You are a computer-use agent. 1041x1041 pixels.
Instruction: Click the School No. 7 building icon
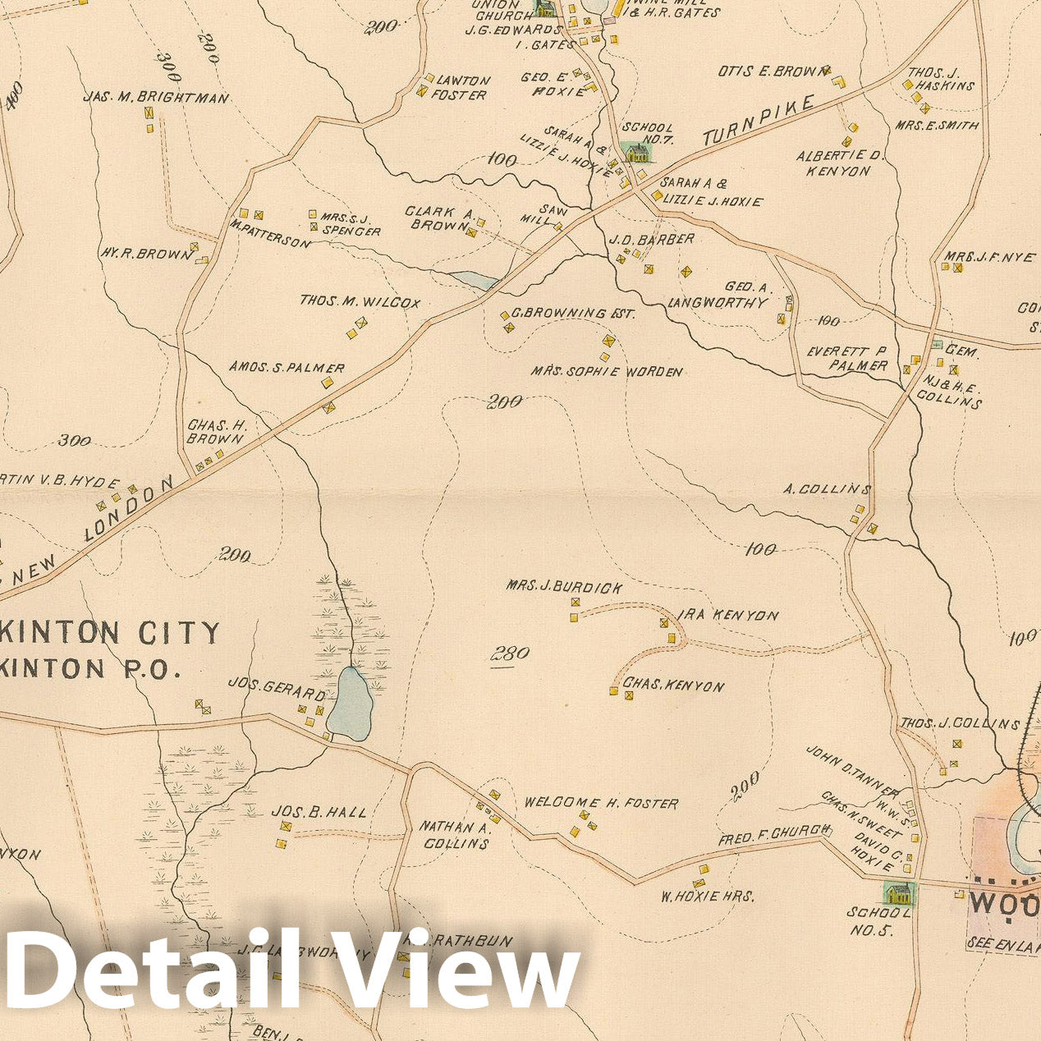click(x=635, y=152)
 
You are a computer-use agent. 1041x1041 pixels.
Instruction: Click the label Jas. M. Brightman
click(x=155, y=97)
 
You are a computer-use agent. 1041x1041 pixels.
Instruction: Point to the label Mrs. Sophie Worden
click(x=606, y=372)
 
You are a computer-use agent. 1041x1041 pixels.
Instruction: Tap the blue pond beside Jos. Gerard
click(x=351, y=704)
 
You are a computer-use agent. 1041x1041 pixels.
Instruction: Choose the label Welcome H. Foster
click(x=601, y=803)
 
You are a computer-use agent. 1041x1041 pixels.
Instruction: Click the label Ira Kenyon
click(x=727, y=615)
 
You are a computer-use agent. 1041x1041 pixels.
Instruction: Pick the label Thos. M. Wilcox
click(x=360, y=302)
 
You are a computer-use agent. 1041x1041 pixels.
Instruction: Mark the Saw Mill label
click(x=535, y=213)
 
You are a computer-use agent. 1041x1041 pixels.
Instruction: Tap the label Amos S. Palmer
click(x=287, y=368)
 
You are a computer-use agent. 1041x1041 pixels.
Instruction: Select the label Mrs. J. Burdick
click(x=564, y=588)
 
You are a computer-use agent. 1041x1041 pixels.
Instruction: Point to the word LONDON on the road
click(x=131, y=509)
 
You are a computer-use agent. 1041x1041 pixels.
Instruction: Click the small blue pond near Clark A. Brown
click(x=475, y=281)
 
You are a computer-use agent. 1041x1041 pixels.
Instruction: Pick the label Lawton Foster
click(x=461, y=87)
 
